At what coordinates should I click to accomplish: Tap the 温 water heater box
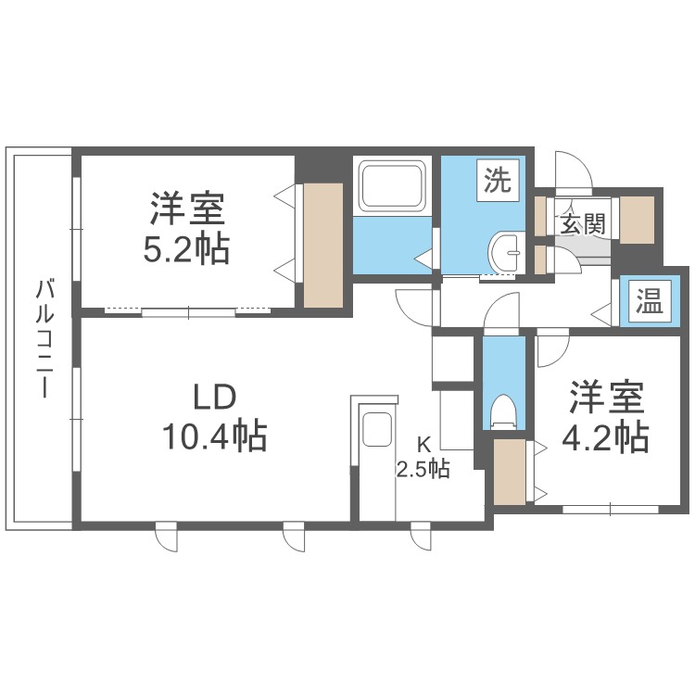(x=649, y=301)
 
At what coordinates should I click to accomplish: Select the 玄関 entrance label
(x=581, y=223)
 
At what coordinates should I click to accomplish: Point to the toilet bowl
(x=503, y=411)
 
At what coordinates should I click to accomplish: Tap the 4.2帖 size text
(x=607, y=436)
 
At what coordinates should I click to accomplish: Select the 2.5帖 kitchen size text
(x=423, y=469)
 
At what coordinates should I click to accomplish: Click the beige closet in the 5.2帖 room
(x=322, y=245)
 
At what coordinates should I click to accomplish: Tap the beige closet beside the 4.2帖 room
(x=508, y=472)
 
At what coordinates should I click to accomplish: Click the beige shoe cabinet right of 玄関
(x=637, y=221)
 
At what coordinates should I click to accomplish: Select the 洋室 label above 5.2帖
(x=188, y=208)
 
